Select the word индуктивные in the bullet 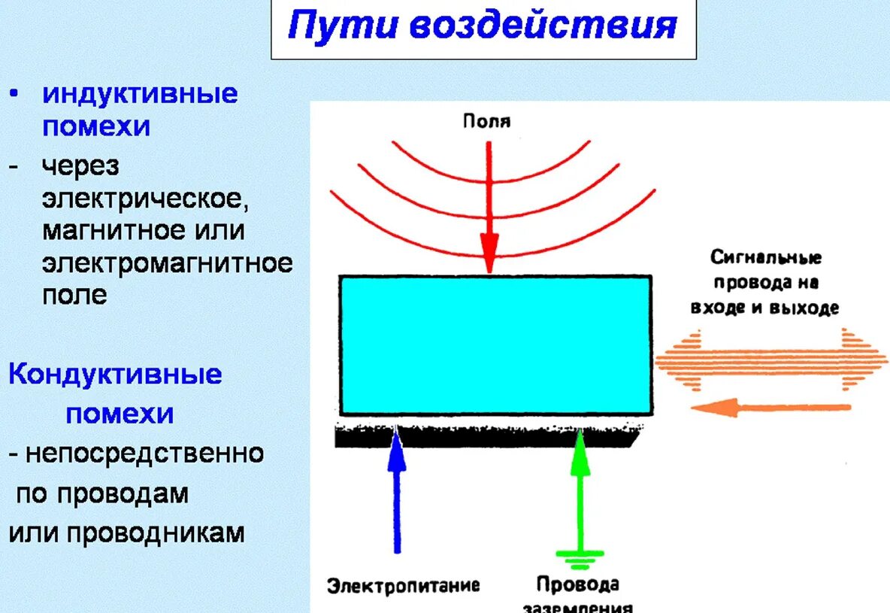pyautogui.click(x=140, y=94)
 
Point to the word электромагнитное pyautogui.click(x=167, y=263)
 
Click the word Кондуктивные pyautogui.click(x=115, y=375)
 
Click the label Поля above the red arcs pyautogui.click(x=487, y=120)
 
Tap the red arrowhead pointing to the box pyautogui.click(x=489, y=253)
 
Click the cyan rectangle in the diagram pyautogui.click(x=495, y=345)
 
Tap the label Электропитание pyautogui.click(x=404, y=586)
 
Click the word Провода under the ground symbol pyautogui.click(x=577, y=584)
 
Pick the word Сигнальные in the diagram pyautogui.click(x=766, y=258)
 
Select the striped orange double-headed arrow pyautogui.click(x=771, y=360)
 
